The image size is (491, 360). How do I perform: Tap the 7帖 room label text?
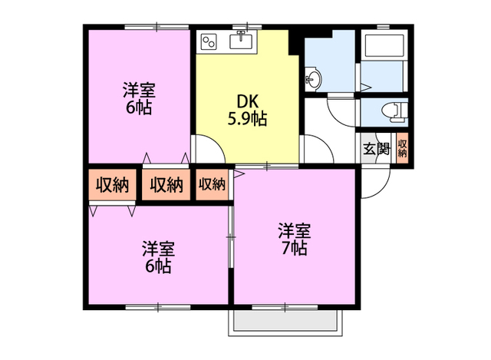[294, 239]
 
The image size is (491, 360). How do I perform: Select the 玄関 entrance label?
[376, 150]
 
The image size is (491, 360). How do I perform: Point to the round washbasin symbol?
[312, 78]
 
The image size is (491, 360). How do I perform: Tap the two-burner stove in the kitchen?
[210, 40]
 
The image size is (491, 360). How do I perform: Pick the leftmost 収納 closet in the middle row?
[112, 184]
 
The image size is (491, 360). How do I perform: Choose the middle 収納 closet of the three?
[166, 184]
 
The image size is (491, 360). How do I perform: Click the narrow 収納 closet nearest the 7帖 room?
[212, 184]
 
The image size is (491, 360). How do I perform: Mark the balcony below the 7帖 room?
[284, 322]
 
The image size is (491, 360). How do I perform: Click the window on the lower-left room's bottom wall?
[157, 306]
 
